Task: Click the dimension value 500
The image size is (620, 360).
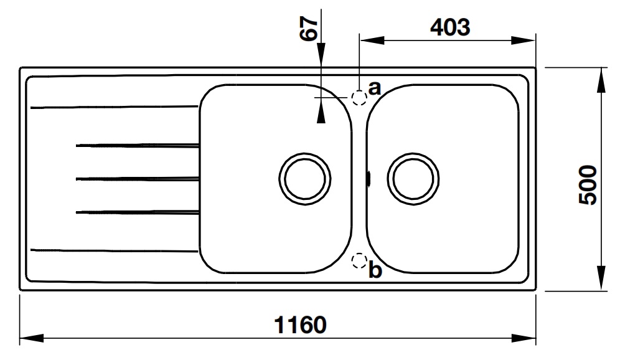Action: [588, 185]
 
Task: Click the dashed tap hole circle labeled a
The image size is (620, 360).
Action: [359, 98]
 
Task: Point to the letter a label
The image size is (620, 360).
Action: [374, 87]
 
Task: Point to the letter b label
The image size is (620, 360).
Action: [374, 271]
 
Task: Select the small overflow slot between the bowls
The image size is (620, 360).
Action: [369, 179]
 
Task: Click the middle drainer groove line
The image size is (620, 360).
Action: [137, 179]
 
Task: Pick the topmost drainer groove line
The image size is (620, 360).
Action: [112, 107]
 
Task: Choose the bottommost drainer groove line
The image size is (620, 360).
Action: [112, 251]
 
